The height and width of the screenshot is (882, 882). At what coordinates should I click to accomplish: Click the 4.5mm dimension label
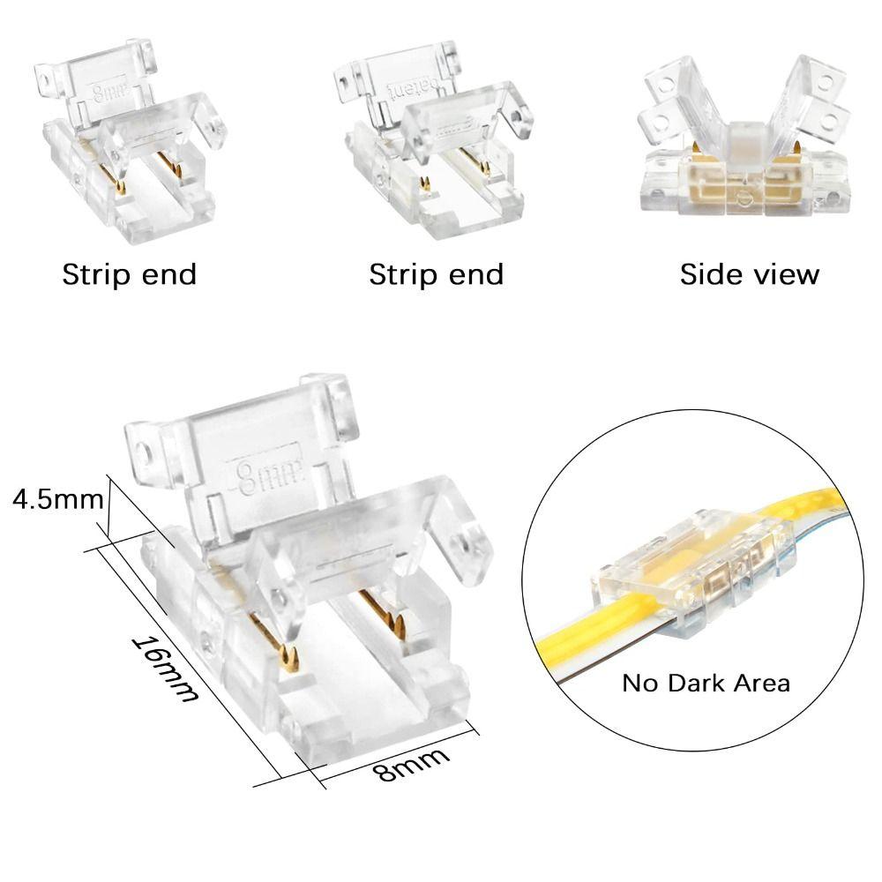(x=58, y=499)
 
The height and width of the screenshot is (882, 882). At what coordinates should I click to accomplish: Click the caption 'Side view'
(x=749, y=274)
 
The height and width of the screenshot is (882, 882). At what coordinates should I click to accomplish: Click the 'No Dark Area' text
(x=706, y=683)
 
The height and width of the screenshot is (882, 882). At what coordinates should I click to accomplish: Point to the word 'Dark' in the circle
(x=697, y=683)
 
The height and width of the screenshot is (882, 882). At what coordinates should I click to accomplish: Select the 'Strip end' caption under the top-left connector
(x=130, y=274)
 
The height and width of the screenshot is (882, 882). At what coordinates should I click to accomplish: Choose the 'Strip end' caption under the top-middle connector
(x=436, y=274)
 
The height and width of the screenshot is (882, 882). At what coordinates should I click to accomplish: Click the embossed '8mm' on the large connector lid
(x=266, y=475)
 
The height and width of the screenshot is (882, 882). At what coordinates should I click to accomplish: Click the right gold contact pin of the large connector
(x=385, y=610)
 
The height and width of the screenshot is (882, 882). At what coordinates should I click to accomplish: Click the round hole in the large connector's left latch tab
(x=145, y=452)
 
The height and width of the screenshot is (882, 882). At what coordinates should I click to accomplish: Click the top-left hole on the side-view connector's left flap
(x=667, y=86)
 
